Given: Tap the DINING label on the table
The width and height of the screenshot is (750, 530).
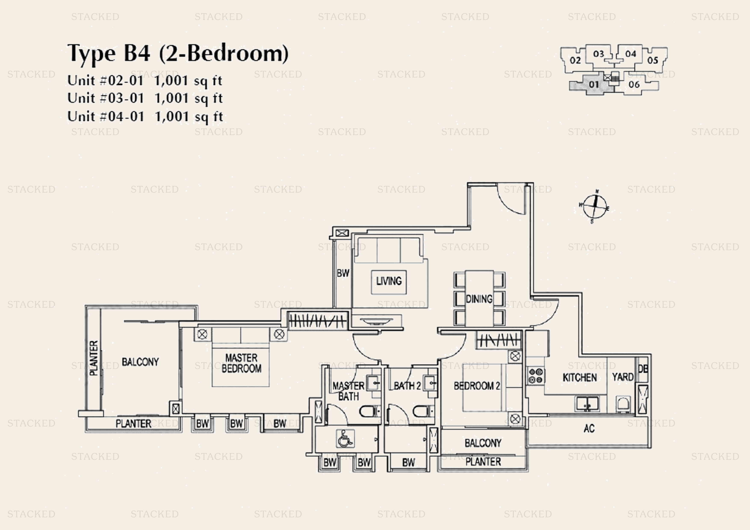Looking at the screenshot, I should pos(479,299).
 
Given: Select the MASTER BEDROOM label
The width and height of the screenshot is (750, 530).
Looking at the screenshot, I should pos(241,363).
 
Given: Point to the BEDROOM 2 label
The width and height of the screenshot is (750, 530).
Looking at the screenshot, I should pos(477,386).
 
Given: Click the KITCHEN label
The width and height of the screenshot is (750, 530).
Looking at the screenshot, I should pos(579,377).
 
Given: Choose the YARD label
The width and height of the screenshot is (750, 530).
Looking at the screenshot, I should pos(623,377).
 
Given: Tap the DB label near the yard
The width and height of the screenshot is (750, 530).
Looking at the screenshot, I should pos(642,369).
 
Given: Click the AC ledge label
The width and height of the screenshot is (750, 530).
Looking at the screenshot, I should pos(589,428).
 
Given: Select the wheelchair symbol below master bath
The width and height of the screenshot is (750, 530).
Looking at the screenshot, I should pos(345,439).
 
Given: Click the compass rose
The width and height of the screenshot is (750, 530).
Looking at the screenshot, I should pos(595,206).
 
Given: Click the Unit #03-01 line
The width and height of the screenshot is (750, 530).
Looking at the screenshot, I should pos(145,98).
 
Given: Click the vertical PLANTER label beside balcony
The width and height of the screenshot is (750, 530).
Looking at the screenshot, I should pos(94,358).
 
